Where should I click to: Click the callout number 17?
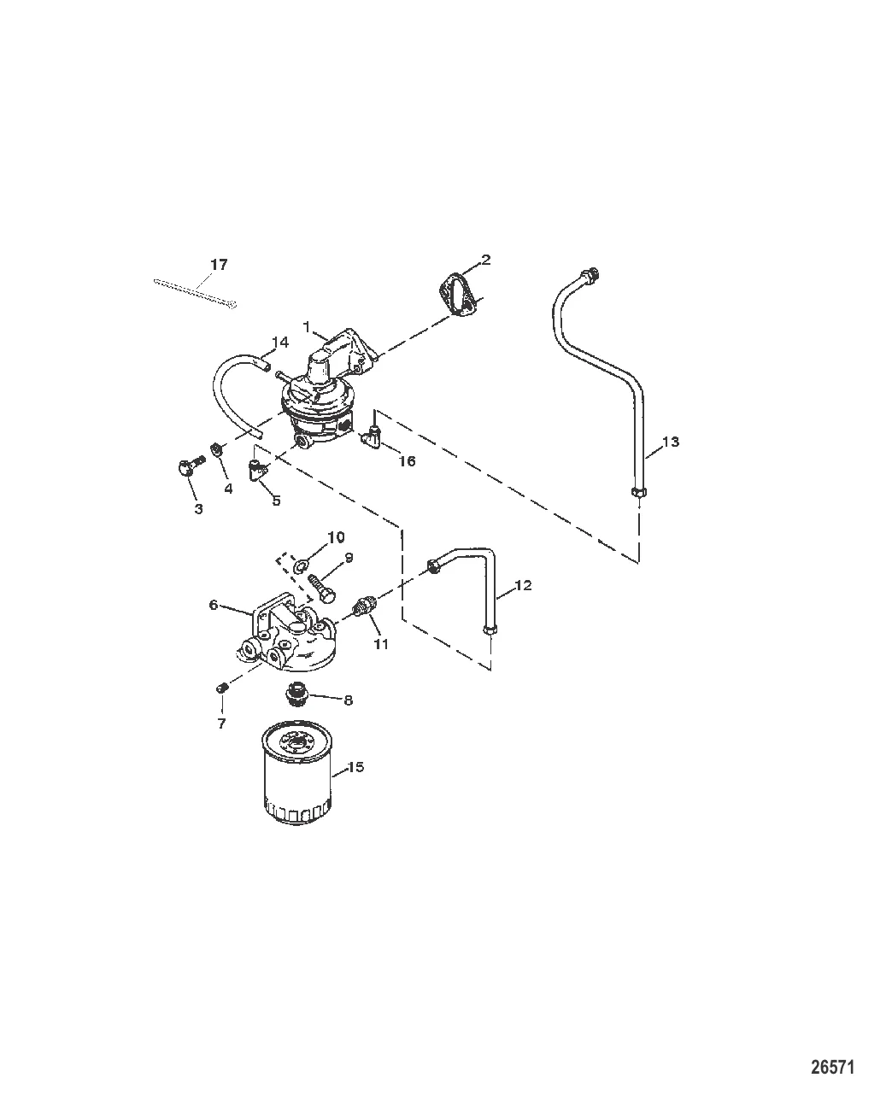click(x=219, y=265)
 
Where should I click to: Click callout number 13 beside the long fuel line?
click(x=671, y=442)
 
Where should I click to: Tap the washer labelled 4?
click(x=218, y=449)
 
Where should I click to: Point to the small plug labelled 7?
click(x=222, y=688)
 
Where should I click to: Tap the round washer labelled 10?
click(x=300, y=566)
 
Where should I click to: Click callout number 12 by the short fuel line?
click(x=524, y=585)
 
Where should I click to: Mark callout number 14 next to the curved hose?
click(x=280, y=343)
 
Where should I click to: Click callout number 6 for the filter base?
click(x=213, y=605)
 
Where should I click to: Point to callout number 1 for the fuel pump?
click(x=306, y=327)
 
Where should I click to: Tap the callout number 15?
click(x=355, y=781)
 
